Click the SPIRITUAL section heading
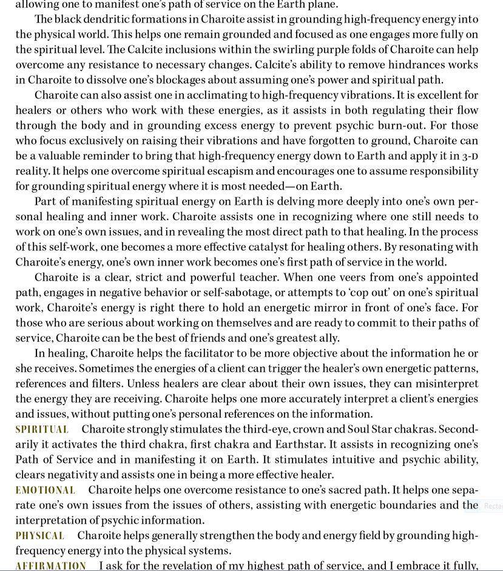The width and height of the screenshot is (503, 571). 42,429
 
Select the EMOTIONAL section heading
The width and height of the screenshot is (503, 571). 46,490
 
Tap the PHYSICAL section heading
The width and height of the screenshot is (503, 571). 39,536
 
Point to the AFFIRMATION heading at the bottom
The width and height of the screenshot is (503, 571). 50,566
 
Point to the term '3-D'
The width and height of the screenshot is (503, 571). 470,156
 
